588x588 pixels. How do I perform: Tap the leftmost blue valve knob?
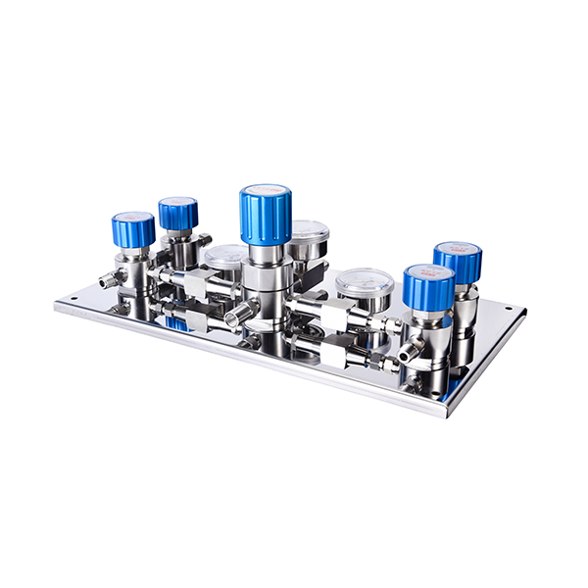[133, 231]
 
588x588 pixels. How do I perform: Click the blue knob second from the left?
[178, 214]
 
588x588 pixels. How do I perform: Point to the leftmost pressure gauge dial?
[224, 258]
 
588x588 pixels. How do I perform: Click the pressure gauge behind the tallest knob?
[311, 235]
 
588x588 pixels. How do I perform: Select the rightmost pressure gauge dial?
[365, 284]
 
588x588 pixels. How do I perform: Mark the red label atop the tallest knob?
[265, 189]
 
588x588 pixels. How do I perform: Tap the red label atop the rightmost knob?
[458, 247]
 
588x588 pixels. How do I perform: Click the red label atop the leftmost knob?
[133, 217]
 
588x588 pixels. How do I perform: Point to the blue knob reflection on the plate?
[176, 322]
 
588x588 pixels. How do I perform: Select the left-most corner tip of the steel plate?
[56, 306]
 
